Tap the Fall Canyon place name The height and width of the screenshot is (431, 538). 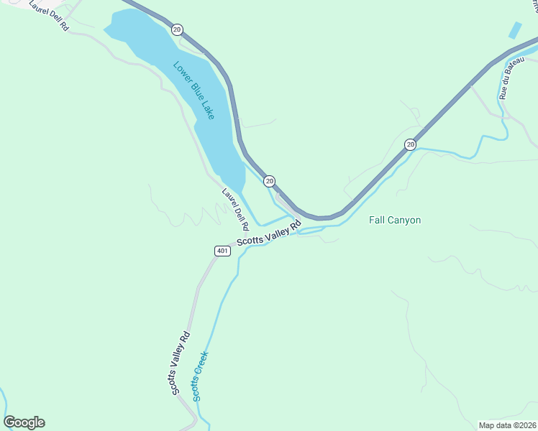click(394, 221)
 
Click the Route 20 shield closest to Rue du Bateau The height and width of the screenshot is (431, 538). click(410, 144)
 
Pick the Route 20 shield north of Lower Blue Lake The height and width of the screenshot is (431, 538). click(177, 29)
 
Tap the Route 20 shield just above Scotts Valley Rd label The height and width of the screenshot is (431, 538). click(269, 180)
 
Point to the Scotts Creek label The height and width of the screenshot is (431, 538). click(201, 376)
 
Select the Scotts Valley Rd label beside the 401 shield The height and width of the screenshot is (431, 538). click(268, 235)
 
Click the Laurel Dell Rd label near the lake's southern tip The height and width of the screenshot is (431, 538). click(234, 205)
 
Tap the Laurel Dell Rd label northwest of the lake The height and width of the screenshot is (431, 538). click(48, 14)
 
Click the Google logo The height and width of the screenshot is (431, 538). click(24, 422)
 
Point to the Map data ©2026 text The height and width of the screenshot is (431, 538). click(507, 425)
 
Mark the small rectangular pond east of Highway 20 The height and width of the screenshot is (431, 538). click(514, 30)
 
